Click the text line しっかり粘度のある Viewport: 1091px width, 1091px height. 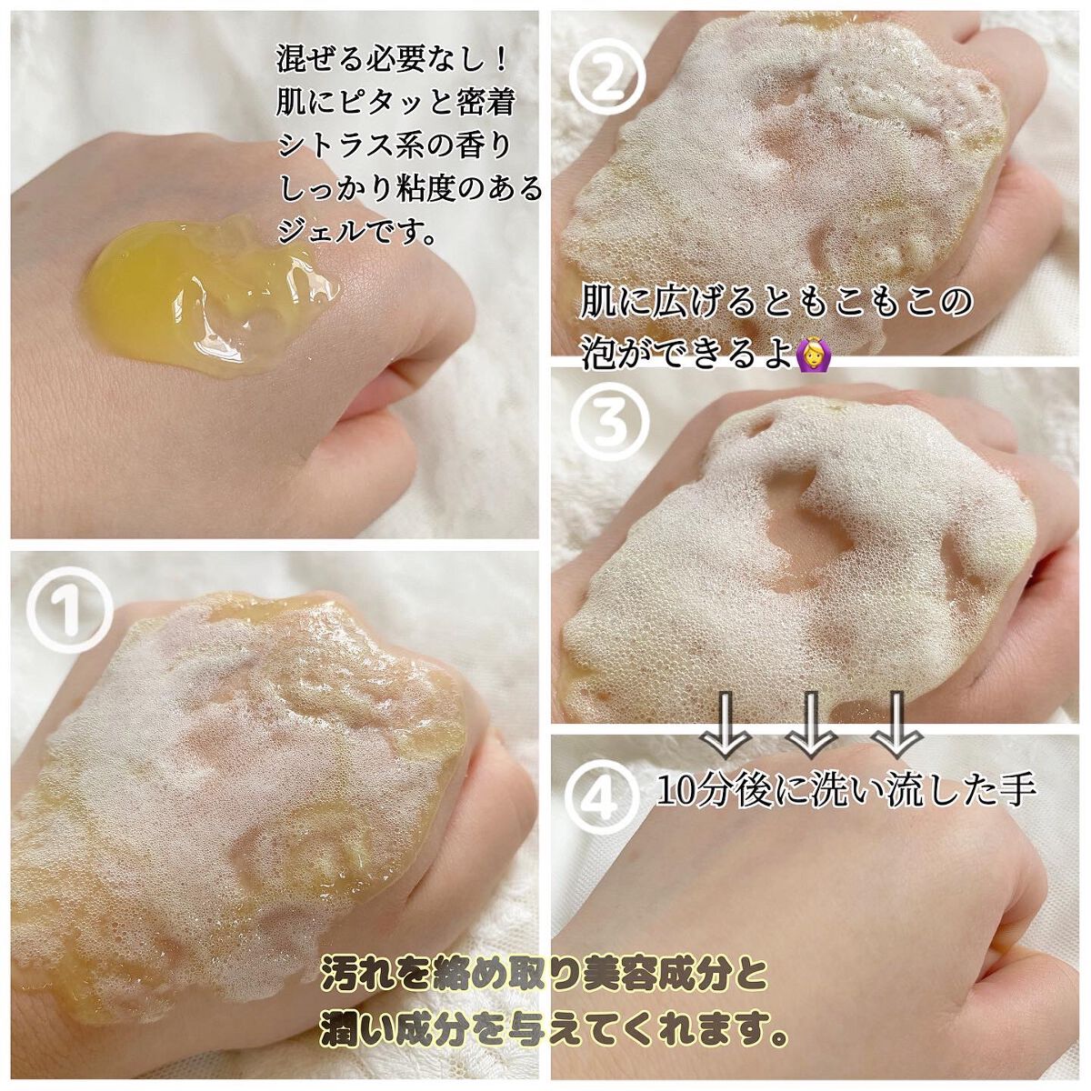tap(409, 189)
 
